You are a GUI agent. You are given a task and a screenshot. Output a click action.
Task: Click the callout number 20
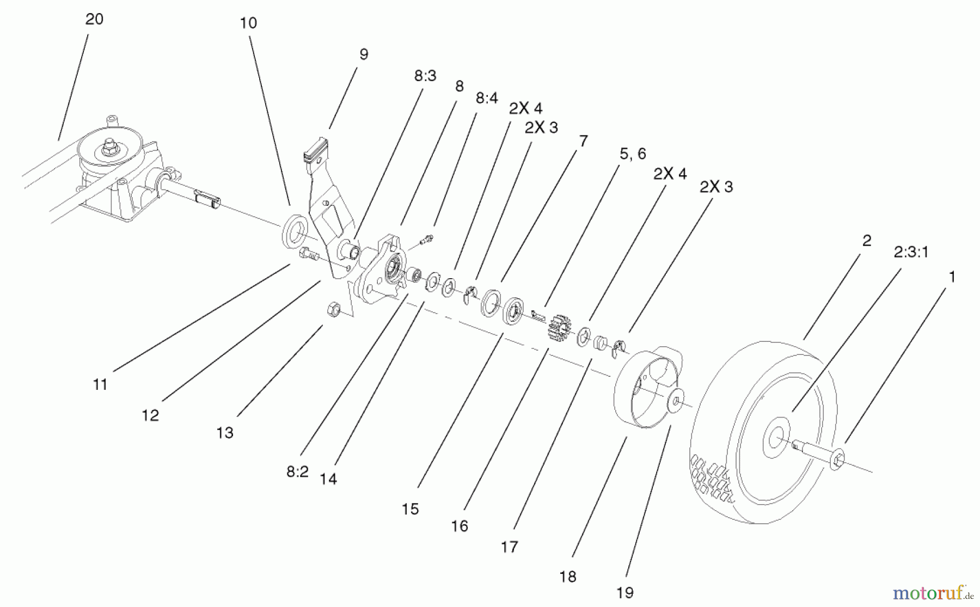[94, 20]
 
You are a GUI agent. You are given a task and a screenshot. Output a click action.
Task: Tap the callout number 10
[248, 23]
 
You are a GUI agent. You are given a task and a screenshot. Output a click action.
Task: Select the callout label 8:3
[425, 76]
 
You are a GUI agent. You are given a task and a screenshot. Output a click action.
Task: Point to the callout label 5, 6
[633, 154]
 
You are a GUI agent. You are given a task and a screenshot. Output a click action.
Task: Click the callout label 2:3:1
[911, 252]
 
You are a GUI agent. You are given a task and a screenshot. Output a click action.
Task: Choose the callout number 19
[625, 593]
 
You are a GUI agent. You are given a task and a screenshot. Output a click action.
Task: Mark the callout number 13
[224, 433]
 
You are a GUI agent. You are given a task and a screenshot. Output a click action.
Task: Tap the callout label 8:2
[297, 472]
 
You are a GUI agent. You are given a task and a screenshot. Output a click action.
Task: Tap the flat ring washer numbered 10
[295, 231]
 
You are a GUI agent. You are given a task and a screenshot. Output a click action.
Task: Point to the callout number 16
[460, 526]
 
